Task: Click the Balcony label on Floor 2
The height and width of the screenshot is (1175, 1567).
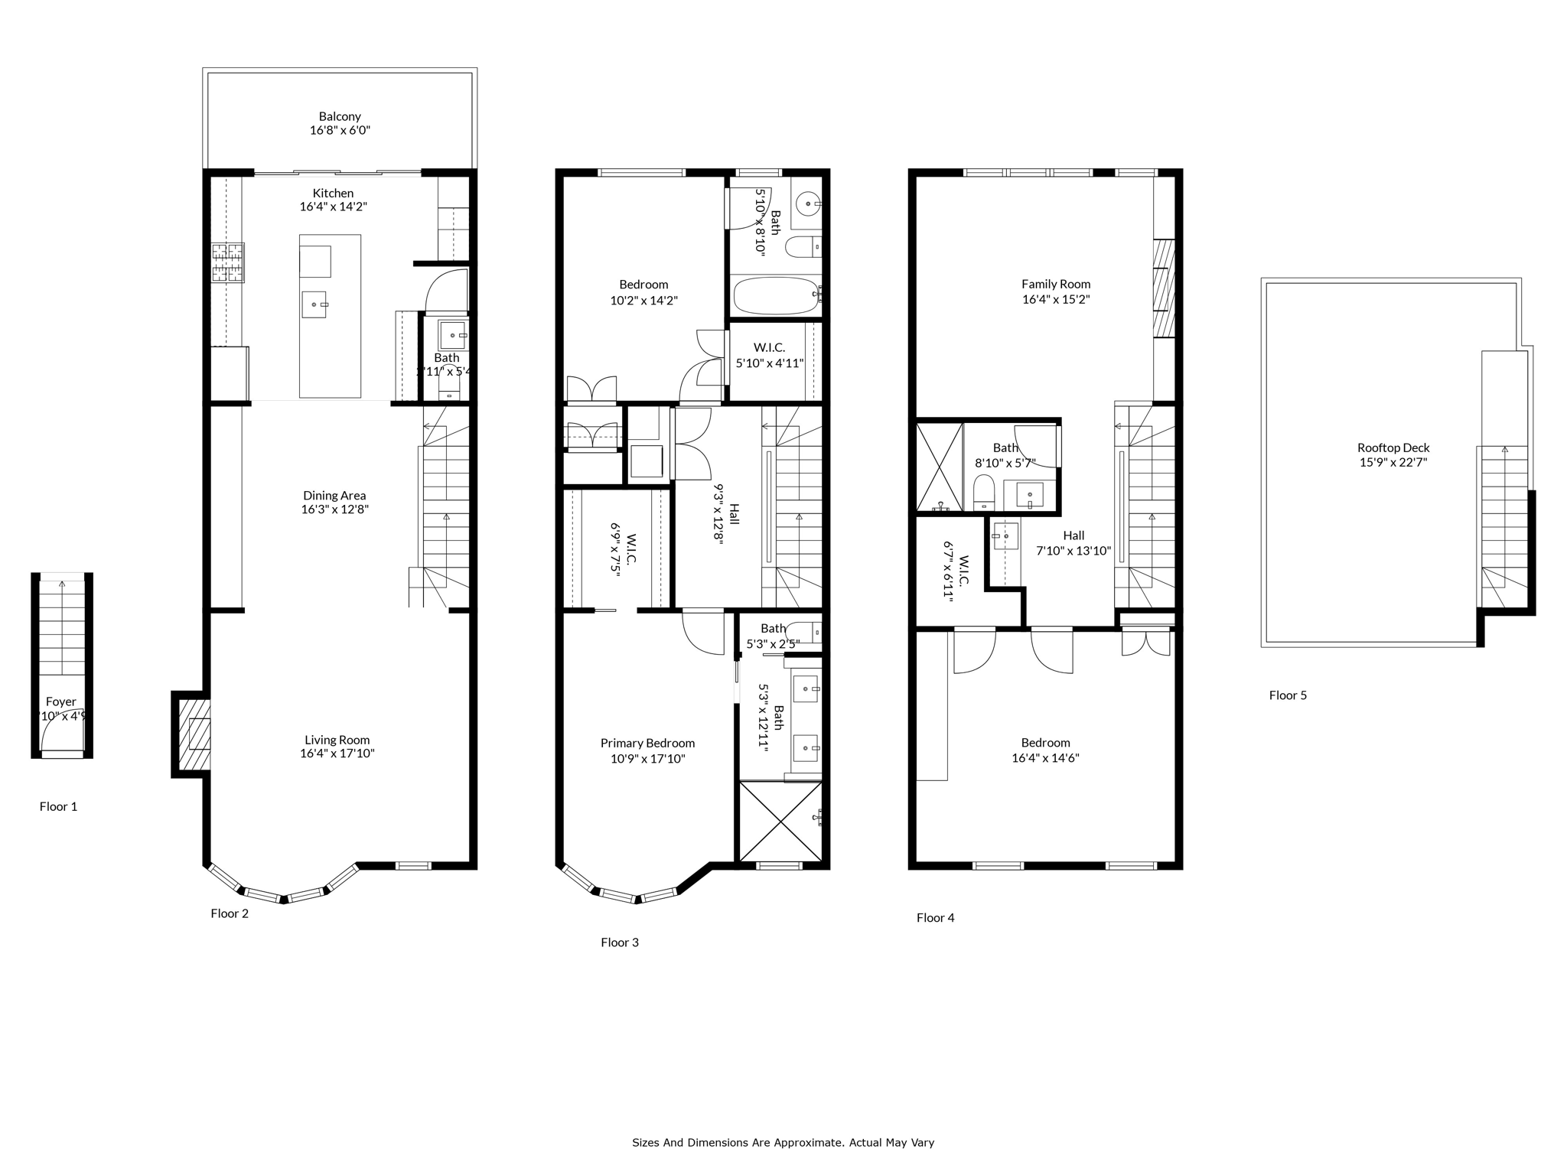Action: (340, 117)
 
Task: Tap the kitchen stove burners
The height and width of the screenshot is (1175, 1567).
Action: (228, 262)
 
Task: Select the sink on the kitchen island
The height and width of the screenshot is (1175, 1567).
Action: (314, 304)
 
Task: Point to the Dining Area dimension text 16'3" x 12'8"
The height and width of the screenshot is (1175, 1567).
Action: (335, 509)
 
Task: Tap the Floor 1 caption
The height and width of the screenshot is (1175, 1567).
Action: (58, 806)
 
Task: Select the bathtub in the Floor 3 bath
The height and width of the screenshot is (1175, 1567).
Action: (775, 297)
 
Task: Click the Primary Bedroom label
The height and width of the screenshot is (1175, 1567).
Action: (647, 743)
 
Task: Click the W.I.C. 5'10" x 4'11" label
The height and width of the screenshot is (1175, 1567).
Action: (769, 356)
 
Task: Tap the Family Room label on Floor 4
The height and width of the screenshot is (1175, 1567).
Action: (1056, 284)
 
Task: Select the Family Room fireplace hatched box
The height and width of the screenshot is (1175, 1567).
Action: (1163, 288)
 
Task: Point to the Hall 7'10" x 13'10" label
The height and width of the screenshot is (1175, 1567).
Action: (1073, 543)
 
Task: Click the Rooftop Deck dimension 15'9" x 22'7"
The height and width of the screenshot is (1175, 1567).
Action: (1393, 462)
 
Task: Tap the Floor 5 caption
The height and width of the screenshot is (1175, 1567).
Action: (1288, 695)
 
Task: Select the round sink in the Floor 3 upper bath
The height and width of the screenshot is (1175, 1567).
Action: (808, 204)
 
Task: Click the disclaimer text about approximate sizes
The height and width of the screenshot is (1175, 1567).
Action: (783, 1143)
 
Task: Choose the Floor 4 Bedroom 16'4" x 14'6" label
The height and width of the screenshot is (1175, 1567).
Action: (1045, 750)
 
